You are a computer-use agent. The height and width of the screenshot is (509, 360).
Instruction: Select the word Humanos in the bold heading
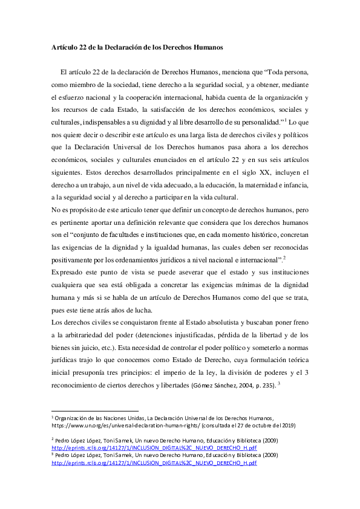(x=206, y=47)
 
